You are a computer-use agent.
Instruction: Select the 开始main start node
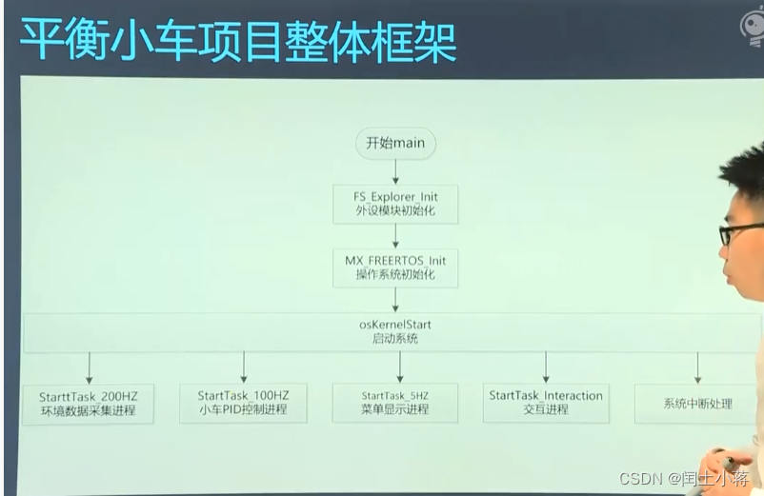tap(395, 143)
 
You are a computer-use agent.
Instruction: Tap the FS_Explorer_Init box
tap(395, 204)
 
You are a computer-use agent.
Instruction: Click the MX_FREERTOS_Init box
tap(395, 267)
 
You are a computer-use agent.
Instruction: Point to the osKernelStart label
tap(394, 325)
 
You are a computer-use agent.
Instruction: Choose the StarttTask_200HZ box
tap(90, 403)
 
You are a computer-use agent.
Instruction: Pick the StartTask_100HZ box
tap(244, 403)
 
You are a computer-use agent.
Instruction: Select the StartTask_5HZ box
tap(395, 403)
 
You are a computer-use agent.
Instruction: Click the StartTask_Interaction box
tap(546, 403)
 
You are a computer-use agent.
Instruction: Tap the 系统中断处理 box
tap(697, 404)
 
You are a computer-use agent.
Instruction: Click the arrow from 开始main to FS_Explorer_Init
tap(395, 171)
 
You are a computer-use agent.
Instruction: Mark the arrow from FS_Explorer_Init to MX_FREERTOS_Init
tap(395, 235)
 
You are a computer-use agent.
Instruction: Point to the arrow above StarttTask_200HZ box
tap(90, 367)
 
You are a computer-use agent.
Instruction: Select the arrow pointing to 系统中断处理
tap(697, 367)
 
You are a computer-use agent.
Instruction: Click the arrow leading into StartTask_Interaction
tap(546, 367)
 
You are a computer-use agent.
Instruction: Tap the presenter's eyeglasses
tap(738, 232)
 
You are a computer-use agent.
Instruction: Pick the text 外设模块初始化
tap(395, 210)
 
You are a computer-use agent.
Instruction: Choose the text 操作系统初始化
tap(395, 274)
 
